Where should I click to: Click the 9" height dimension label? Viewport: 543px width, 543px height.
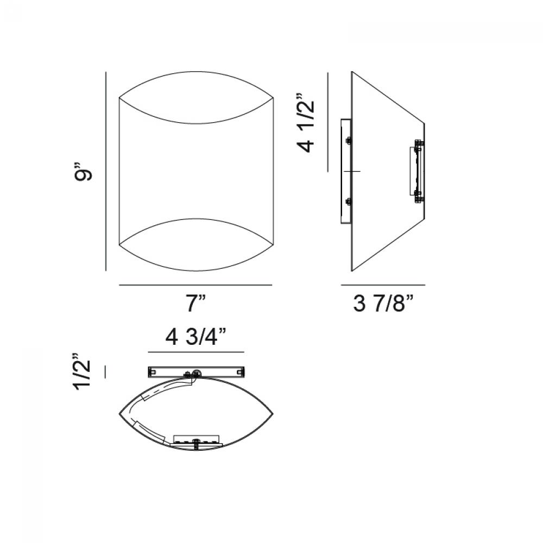pyautogui.click(x=83, y=171)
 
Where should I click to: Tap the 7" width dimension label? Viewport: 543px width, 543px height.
pyautogui.click(x=196, y=304)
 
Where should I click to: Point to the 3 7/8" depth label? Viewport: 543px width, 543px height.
pyautogui.click(x=383, y=304)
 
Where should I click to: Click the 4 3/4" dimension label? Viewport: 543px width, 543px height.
pyautogui.click(x=195, y=337)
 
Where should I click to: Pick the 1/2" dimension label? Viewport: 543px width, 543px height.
pyautogui.click(x=83, y=372)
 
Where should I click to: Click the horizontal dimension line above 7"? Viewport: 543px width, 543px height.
pyautogui.click(x=195, y=285)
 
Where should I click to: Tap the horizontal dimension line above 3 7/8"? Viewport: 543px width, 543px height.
pyautogui.click(x=383, y=285)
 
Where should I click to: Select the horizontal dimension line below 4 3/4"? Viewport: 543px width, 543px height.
pyautogui.click(x=196, y=352)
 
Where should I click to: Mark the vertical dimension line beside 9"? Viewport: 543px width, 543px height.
pyautogui.click(x=106, y=171)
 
